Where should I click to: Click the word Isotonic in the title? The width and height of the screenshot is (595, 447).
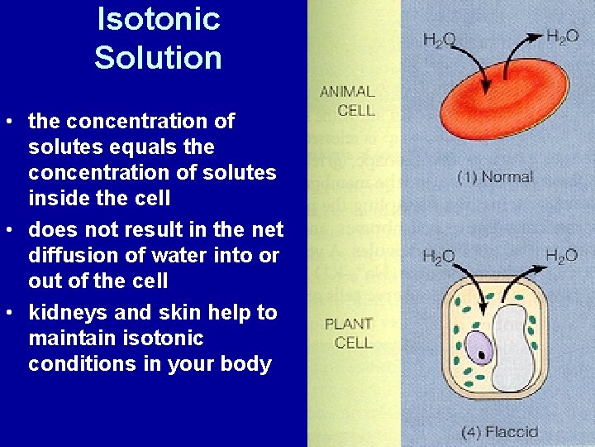tap(159, 18)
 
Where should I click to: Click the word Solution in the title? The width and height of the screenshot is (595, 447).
tap(158, 58)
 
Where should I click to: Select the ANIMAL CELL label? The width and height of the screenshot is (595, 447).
tap(348, 100)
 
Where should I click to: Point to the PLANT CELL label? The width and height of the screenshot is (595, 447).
tap(349, 332)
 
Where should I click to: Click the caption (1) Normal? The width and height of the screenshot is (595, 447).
tap(496, 176)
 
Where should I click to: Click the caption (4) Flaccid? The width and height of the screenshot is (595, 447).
tap(500, 431)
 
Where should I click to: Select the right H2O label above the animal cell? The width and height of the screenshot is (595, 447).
tap(562, 36)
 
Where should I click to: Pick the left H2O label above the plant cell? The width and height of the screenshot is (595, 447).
tap(439, 257)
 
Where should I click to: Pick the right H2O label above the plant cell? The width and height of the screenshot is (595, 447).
tap(562, 255)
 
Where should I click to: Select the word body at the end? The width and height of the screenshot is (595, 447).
tap(249, 364)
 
